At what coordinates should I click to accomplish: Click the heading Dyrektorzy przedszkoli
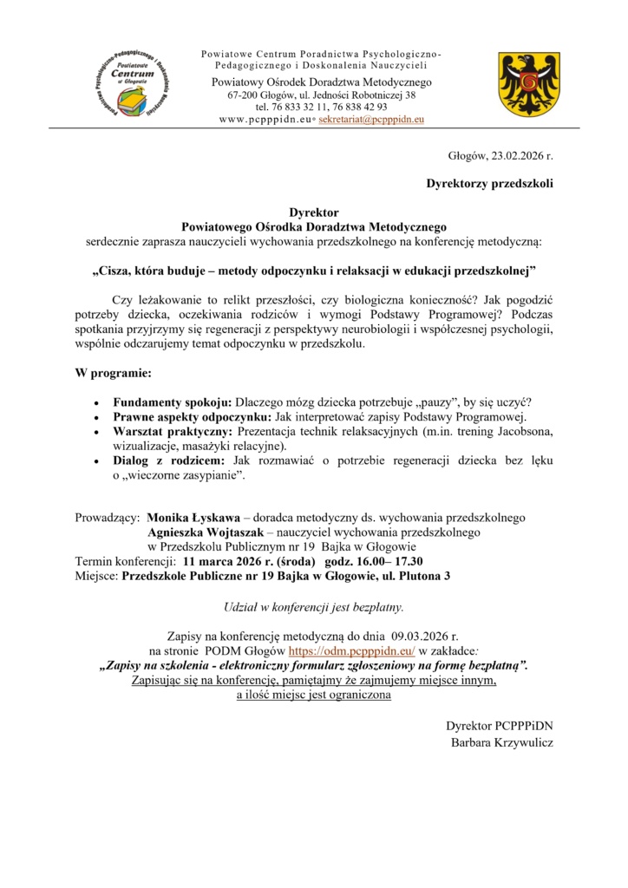click(488, 184)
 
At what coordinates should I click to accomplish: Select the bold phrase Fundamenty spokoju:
click(172, 402)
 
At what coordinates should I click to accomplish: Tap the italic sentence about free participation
click(313, 605)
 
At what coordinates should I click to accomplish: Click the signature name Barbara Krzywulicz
click(501, 742)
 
